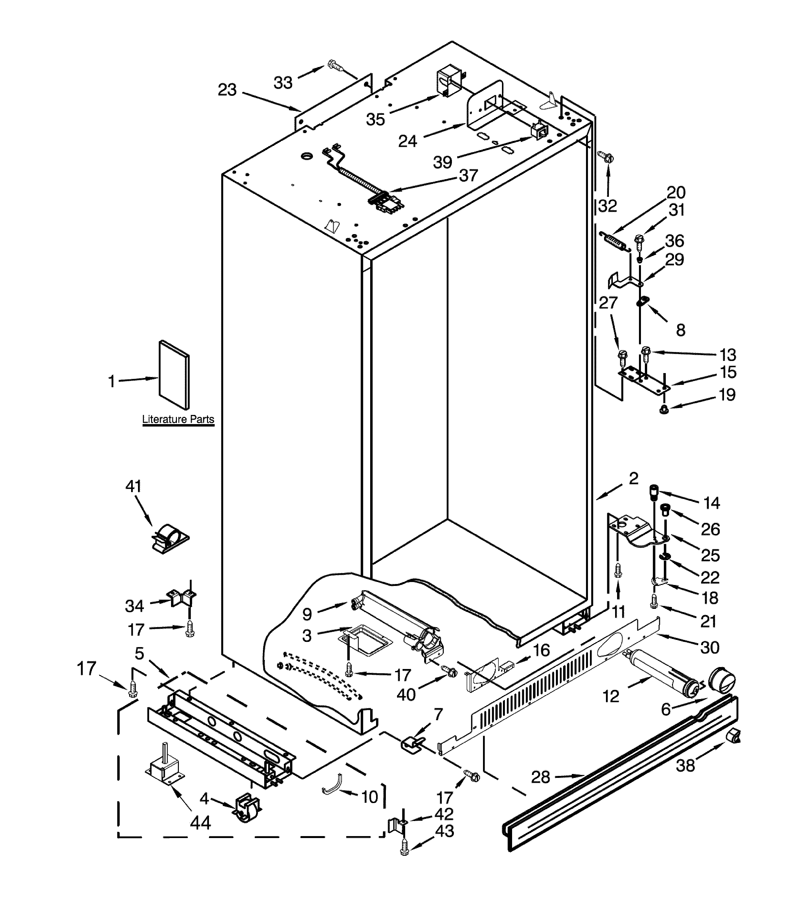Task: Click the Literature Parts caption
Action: [x=178, y=419]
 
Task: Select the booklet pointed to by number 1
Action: [x=174, y=375]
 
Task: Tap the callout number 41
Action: [x=133, y=486]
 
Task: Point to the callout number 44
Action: [x=200, y=823]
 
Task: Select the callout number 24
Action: [x=408, y=141]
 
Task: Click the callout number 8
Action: [x=681, y=330]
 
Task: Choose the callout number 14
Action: [x=712, y=503]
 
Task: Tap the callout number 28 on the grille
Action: [x=541, y=777]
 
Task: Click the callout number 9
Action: [x=307, y=614]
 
